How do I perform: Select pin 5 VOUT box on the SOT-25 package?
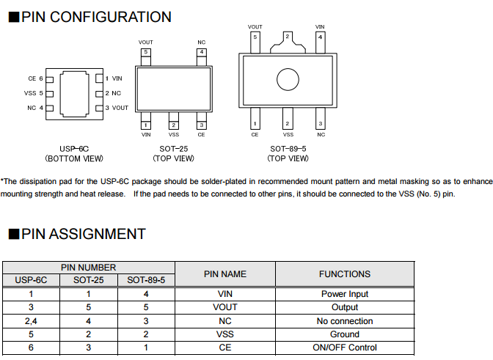[x=146, y=52]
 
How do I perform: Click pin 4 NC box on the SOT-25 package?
[x=201, y=52]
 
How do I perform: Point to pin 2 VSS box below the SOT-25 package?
[x=174, y=125]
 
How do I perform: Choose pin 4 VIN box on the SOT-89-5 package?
[x=320, y=37]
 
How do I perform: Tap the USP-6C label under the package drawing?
[x=74, y=148]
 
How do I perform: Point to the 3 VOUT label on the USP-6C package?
[x=116, y=108]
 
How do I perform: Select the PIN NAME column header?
[x=224, y=274]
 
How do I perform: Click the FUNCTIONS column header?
[x=344, y=274]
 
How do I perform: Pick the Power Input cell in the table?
[x=345, y=294]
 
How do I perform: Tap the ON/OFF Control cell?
[x=345, y=348]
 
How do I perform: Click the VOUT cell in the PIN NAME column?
[x=224, y=307]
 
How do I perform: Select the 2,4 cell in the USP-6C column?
[x=30, y=321]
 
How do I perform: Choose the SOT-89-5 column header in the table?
[x=146, y=280]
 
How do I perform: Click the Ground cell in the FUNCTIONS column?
[x=345, y=334]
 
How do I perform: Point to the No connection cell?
[x=345, y=321]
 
